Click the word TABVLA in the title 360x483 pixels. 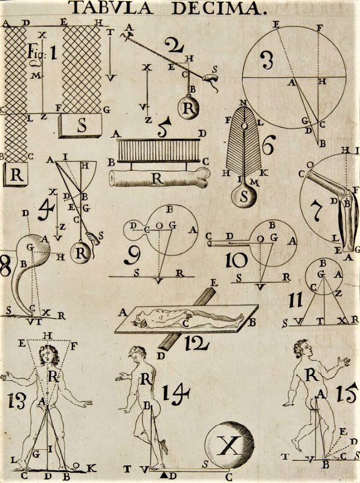pos(112,8)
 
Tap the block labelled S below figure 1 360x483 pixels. pos(80,126)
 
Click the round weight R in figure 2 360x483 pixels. pos(188,107)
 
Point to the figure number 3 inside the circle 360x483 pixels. pos(266,60)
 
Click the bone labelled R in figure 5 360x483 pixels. pos(159,178)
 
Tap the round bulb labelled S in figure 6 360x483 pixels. pos(244,196)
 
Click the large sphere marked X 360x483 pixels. pos(230,445)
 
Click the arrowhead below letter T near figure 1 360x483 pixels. pos(111,78)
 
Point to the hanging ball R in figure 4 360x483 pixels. pos(81,253)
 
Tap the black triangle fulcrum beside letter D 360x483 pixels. pos(163,475)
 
